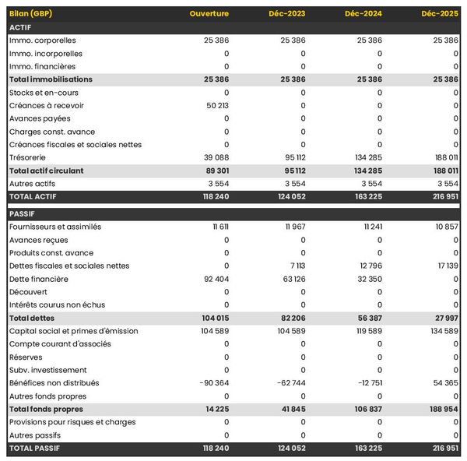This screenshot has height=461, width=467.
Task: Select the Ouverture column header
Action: tap(209, 14)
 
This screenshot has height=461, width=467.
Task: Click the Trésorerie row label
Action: tap(26, 157)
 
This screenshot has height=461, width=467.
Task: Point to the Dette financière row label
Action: tap(39, 279)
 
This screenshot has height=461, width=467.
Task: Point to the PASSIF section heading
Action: tap(21, 213)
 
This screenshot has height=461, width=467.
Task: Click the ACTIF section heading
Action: tap(19, 27)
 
